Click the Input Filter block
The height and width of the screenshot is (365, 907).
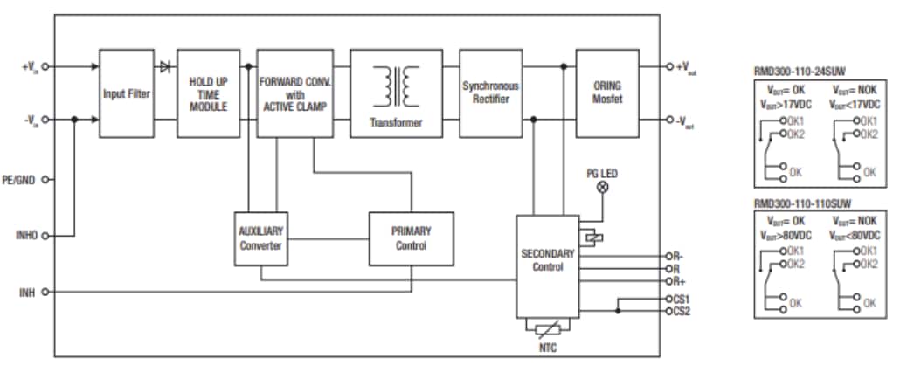pyautogui.click(x=126, y=93)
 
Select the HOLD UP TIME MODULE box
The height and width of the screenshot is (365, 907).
pyautogui.click(x=208, y=93)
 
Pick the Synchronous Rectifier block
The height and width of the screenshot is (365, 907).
pyautogui.click(x=490, y=93)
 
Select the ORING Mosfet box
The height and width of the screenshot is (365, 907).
pyautogui.click(x=607, y=93)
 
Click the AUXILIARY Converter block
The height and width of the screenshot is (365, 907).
pyautogui.click(x=260, y=238)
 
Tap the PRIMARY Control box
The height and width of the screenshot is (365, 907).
pyautogui.click(x=411, y=238)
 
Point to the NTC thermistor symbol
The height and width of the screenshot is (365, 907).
pyautogui.click(x=547, y=329)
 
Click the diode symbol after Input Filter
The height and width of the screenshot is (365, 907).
pyautogui.click(x=164, y=65)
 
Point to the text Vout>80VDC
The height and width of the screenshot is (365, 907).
pyautogui.click(x=786, y=237)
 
